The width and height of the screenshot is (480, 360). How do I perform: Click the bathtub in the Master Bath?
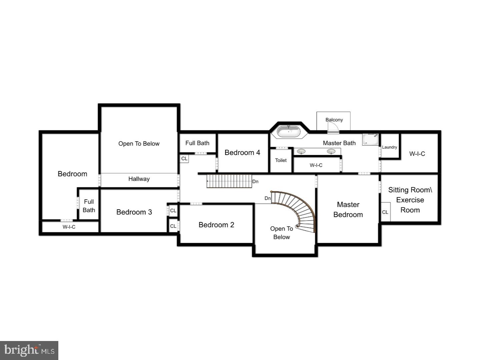289,132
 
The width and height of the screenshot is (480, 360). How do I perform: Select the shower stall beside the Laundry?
371,139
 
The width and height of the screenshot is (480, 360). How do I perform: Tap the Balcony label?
334,120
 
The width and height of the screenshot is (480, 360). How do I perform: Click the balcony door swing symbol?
333,128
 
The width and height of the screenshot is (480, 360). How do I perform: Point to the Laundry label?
389,147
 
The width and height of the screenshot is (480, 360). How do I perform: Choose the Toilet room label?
281,160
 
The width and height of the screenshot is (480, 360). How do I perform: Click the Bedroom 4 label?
242,153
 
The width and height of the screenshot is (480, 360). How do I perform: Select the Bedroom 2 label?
216,225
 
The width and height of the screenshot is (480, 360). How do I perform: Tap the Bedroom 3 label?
134,212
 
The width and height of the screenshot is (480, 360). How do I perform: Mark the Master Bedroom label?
348,209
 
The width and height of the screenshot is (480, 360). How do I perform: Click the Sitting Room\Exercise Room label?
410,200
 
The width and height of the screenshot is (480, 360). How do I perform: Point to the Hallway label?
139,179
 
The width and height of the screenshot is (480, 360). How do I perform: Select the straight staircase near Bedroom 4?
229,181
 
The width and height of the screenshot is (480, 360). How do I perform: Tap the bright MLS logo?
29,350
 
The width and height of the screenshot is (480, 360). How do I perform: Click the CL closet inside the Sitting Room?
385,212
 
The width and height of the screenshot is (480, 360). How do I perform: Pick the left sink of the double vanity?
301,152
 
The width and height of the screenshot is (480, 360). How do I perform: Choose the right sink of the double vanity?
331,152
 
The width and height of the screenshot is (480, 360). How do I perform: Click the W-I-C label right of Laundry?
417,154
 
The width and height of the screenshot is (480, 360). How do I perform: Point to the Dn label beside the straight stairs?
255,182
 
